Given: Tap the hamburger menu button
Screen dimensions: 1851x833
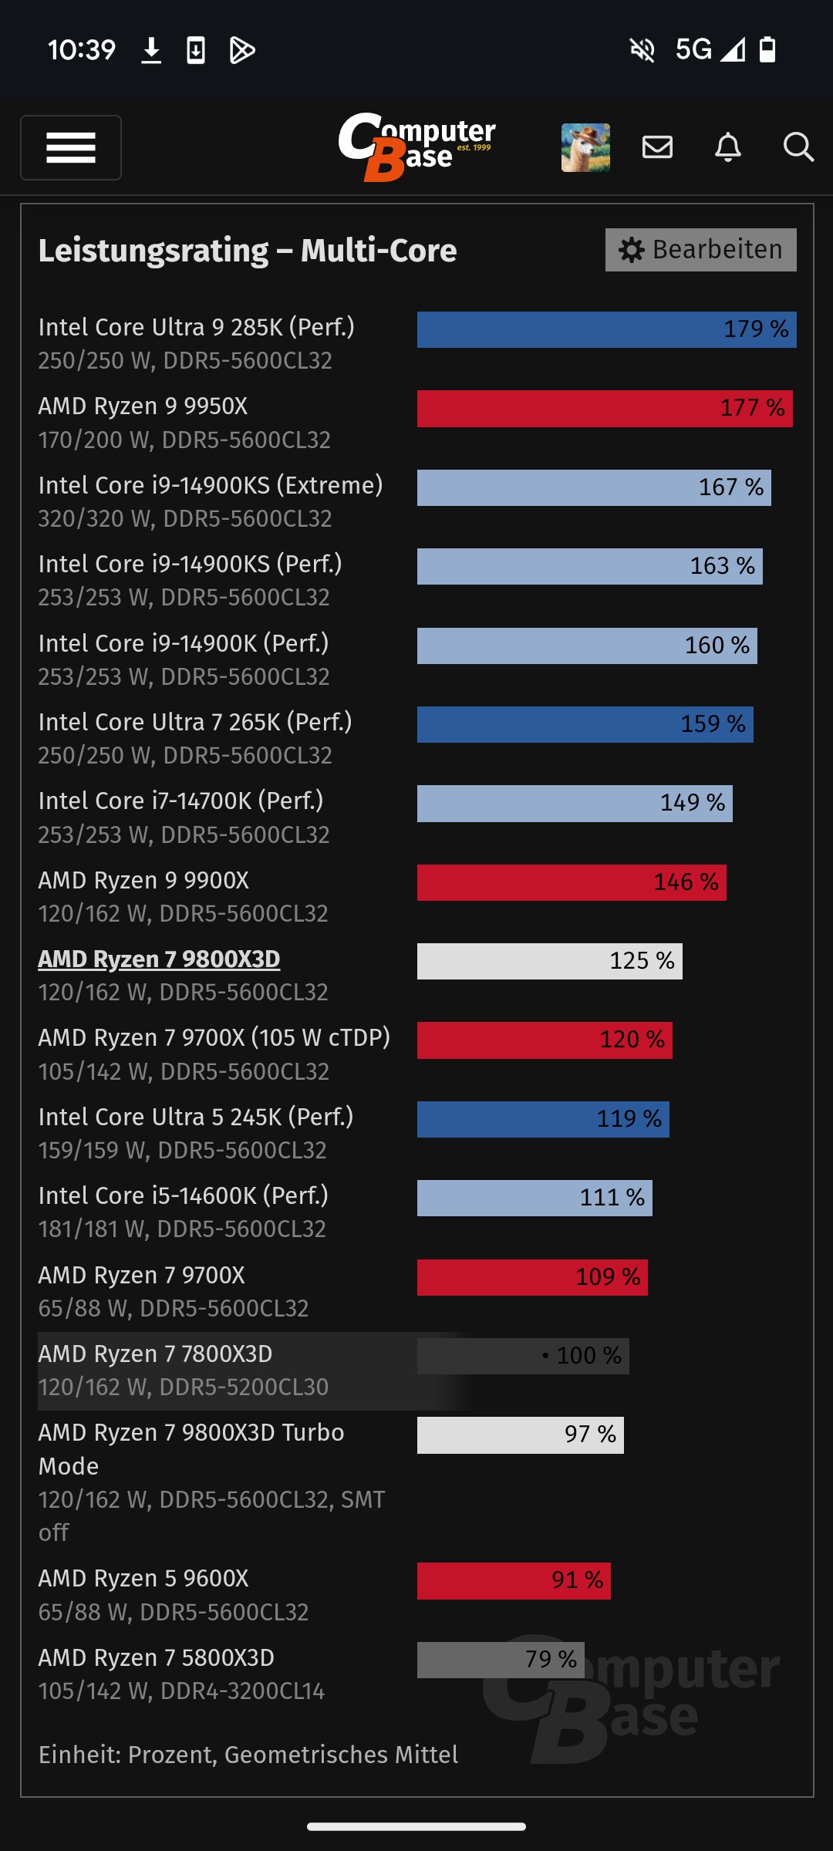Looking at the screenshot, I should tap(71, 147).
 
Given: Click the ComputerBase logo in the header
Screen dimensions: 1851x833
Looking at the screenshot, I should tap(416, 147).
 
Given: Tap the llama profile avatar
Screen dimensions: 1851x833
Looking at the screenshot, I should tap(585, 147).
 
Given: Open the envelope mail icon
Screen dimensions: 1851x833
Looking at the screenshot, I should tap(657, 147).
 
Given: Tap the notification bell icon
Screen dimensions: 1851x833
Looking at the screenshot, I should tap(727, 147).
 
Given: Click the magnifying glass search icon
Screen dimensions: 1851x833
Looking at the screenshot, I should tap(798, 147).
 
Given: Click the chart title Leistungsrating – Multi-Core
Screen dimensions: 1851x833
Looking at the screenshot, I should tap(248, 251).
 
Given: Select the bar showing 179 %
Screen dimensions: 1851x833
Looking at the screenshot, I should tap(606, 329).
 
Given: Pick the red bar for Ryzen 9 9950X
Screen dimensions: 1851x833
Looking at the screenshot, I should tap(605, 408).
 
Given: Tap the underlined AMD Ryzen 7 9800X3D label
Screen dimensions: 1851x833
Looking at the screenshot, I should tap(159, 959).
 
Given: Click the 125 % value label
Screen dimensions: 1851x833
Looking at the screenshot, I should tap(642, 961).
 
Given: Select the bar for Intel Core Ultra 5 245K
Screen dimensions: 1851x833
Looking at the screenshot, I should tap(543, 1119).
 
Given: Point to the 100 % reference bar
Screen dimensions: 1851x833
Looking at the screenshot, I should tap(523, 1356).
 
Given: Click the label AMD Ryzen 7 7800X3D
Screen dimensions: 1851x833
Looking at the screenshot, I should tap(155, 1354).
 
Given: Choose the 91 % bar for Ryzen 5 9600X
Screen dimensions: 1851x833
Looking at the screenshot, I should tap(514, 1580).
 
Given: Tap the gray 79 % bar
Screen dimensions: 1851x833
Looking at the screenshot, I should tap(501, 1660).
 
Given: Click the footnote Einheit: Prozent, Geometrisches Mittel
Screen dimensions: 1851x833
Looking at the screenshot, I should tap(248, 1755).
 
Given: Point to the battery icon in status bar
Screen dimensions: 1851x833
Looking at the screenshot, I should tap(767, 50).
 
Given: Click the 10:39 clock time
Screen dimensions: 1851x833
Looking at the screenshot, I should tap(82, 50).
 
